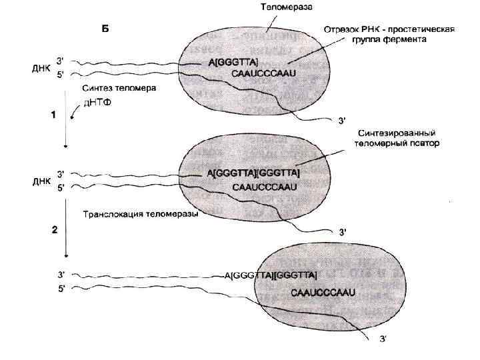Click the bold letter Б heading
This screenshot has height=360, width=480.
tap(105, 28)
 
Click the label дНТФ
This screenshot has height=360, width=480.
tap(97, 102)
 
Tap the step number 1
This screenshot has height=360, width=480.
tap(53, 115)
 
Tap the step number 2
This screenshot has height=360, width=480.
tap(55, 229)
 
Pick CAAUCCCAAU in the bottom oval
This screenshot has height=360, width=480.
tap(323, 292)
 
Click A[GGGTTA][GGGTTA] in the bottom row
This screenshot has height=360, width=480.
tap(270, 274)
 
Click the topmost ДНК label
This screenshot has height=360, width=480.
tap(41, 68)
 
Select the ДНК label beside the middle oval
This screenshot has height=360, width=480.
tap(41, 181)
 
